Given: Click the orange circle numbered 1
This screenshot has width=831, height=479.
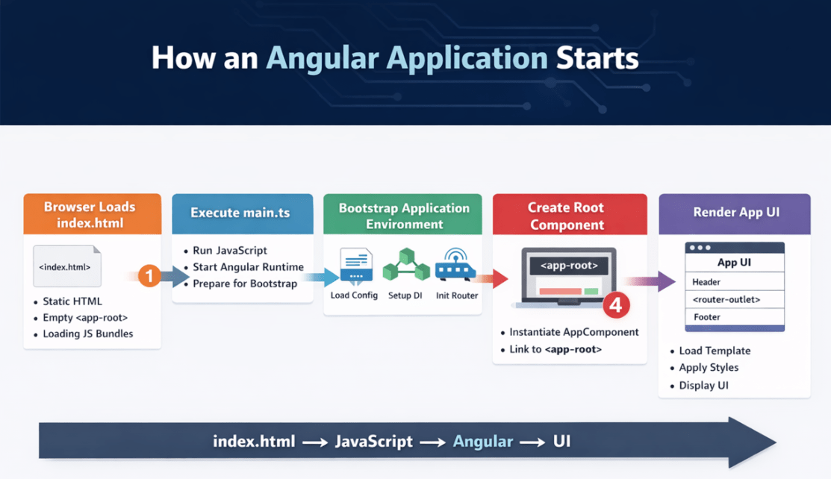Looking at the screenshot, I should (x=149, y=277).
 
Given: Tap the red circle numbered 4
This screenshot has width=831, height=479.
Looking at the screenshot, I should (x=616, y=304).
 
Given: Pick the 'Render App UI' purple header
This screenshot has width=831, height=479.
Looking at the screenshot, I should (x=735, y=213).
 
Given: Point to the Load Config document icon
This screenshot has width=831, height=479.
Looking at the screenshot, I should (x=355, y=266).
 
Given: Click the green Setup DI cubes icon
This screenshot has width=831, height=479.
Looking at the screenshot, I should (x=405, y=265).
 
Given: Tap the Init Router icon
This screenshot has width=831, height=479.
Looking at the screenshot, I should (x=456, y=265).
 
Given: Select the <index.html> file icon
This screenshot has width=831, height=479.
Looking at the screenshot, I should (x=66, y=266).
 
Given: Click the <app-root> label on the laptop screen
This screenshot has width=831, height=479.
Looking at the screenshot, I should (x=569, y=266).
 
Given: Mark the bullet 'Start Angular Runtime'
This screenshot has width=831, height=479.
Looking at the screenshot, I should (x=248, y=267).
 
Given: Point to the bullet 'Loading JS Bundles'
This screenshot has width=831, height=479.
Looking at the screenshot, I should (x=88, y=334).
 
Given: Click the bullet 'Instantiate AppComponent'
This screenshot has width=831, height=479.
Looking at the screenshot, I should (x=573, y=332).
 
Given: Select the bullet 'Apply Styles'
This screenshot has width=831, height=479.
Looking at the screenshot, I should (x=709, y=368).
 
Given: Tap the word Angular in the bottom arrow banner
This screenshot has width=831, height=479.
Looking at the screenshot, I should (x=483, y=442).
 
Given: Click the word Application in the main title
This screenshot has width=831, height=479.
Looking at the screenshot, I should (x=451, y=58).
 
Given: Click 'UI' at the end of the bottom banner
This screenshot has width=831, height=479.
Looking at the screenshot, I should (x=561, y=442).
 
